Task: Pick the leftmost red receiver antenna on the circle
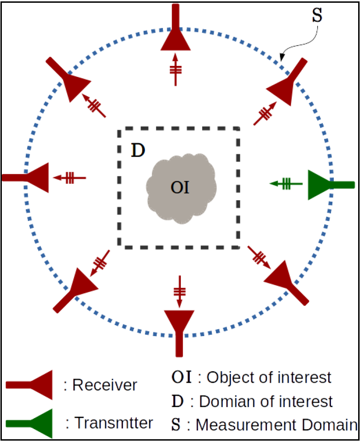click(30, 177)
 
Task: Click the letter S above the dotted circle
click(317, 15)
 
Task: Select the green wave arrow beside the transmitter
click(286, 184)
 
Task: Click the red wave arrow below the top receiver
click(175, 70)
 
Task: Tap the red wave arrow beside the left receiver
click(70, 177)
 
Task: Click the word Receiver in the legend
click(105, 384)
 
